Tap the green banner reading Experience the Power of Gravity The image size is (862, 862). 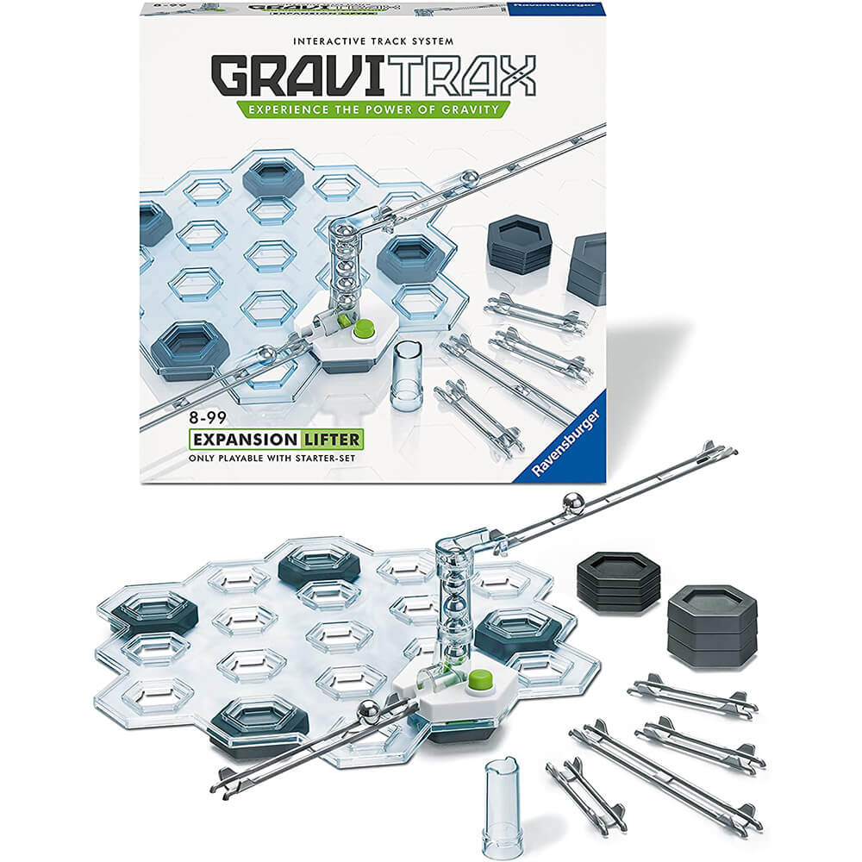click(x=373, y=109)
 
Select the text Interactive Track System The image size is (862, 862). click(x=373, y=41)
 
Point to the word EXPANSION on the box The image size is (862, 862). click(x=244, y=440)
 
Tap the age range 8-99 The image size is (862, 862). click(x=208, y=418)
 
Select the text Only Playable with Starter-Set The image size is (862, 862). click(x=272, y=458)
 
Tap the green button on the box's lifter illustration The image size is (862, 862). click(x=364, y=329)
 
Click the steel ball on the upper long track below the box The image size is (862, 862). click(x=573, y=503)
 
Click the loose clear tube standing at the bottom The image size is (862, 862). click(x=500, y=804)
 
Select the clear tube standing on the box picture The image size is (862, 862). click(x=406, y=375)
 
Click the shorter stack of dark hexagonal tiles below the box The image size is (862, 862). click(x=618, y=581)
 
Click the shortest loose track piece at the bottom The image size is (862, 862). click(x=585, y=793)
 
